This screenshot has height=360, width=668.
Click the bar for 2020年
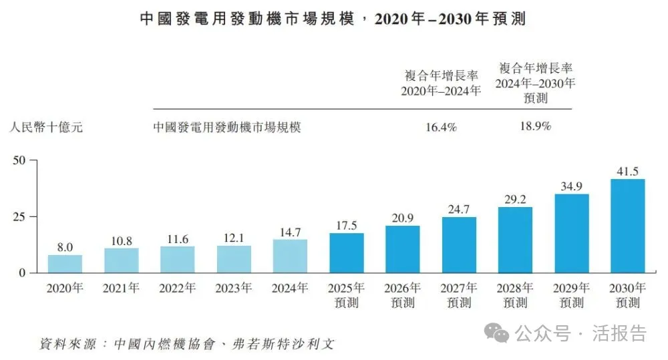[65, 264]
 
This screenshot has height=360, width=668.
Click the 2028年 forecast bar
[515, 240]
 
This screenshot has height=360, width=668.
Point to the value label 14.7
[290, 230]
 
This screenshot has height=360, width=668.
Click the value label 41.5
[627, 170]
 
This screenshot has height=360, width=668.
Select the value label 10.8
[121, 239]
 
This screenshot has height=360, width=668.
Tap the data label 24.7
[458, 208]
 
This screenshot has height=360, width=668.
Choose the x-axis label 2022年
[178, 289]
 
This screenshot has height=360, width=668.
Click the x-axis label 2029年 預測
[571, 295]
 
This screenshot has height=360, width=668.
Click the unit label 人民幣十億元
[46, 126]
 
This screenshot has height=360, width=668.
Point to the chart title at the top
[333, 19]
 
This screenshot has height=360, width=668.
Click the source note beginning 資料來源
[186, 345]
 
